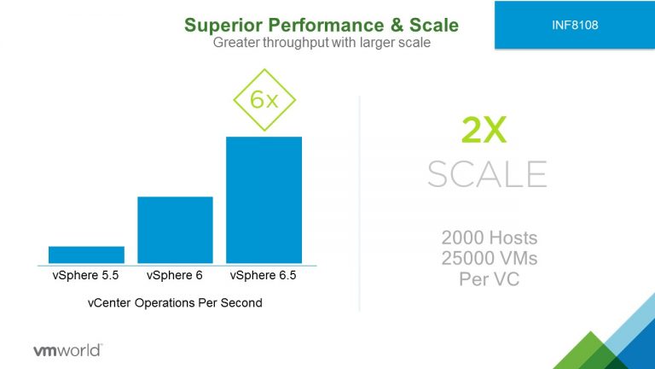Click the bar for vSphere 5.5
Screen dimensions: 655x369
coord(86,255)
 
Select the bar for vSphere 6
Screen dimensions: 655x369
coord(175,230)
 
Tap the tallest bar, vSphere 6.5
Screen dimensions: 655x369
coord(264,200)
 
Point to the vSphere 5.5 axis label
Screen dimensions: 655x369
coord(85,275)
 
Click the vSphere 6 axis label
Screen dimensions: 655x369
coord(175,275)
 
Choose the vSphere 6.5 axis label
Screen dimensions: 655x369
coord(264,275)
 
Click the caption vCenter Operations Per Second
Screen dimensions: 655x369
coord(175,302)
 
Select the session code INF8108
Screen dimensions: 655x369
coord(575,25)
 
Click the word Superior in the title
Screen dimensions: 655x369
coord(223,25)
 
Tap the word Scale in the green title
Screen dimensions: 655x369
coord(434,25)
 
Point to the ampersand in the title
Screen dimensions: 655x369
coord(397,25)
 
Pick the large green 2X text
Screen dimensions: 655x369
coord(484,130)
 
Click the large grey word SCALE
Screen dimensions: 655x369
coord(488,174)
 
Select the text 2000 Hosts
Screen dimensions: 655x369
coord(490,237)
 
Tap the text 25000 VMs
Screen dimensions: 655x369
coord(490,258)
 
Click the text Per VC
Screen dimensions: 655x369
coord(490,279)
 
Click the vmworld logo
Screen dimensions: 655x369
coord(67,350)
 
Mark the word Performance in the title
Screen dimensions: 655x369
coord(326,25)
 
